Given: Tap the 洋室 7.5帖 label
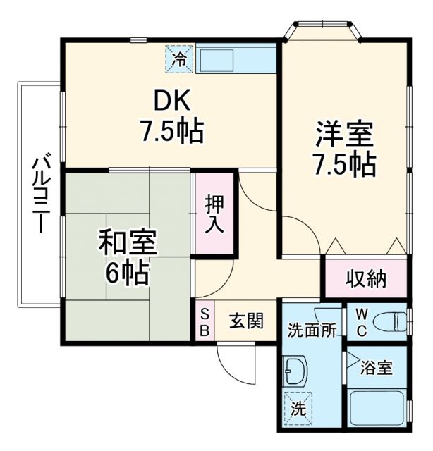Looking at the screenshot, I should (344, 148).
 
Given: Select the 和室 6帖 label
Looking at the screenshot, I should (128, 257).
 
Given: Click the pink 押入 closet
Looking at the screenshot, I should (214, 215).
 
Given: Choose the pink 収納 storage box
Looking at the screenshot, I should (365, 279).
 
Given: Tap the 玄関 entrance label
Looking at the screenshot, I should (246, 321).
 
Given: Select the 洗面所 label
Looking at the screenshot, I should (311, 329).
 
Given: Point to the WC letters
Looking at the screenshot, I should (360, 321).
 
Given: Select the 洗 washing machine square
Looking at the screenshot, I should (298, 407).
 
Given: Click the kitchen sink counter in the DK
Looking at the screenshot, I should (236, 60).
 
